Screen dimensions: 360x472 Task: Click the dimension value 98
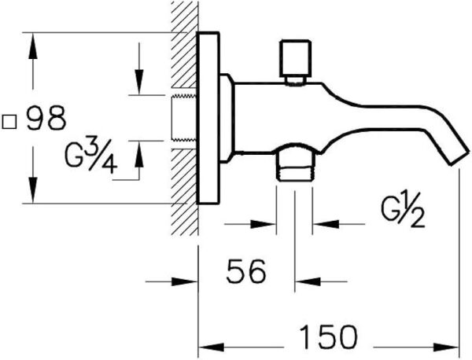46,120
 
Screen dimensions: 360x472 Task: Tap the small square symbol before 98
11,121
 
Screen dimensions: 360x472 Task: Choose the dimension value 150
327,336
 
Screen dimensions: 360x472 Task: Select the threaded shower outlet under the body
294,164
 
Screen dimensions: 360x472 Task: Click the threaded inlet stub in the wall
183,118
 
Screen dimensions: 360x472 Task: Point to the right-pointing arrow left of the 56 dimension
186,281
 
